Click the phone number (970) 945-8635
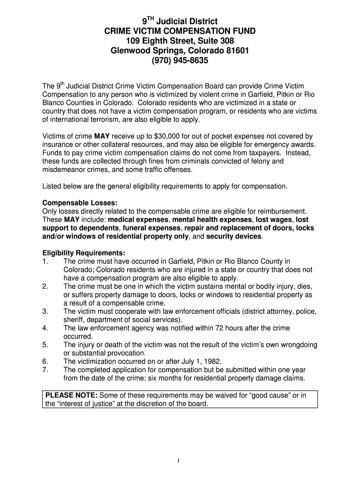click(x=180, y=61)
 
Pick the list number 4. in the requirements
click(x=45, y=328)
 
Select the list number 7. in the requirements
click(x=45, y=370)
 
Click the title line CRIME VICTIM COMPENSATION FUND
click(x=180, y=31)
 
